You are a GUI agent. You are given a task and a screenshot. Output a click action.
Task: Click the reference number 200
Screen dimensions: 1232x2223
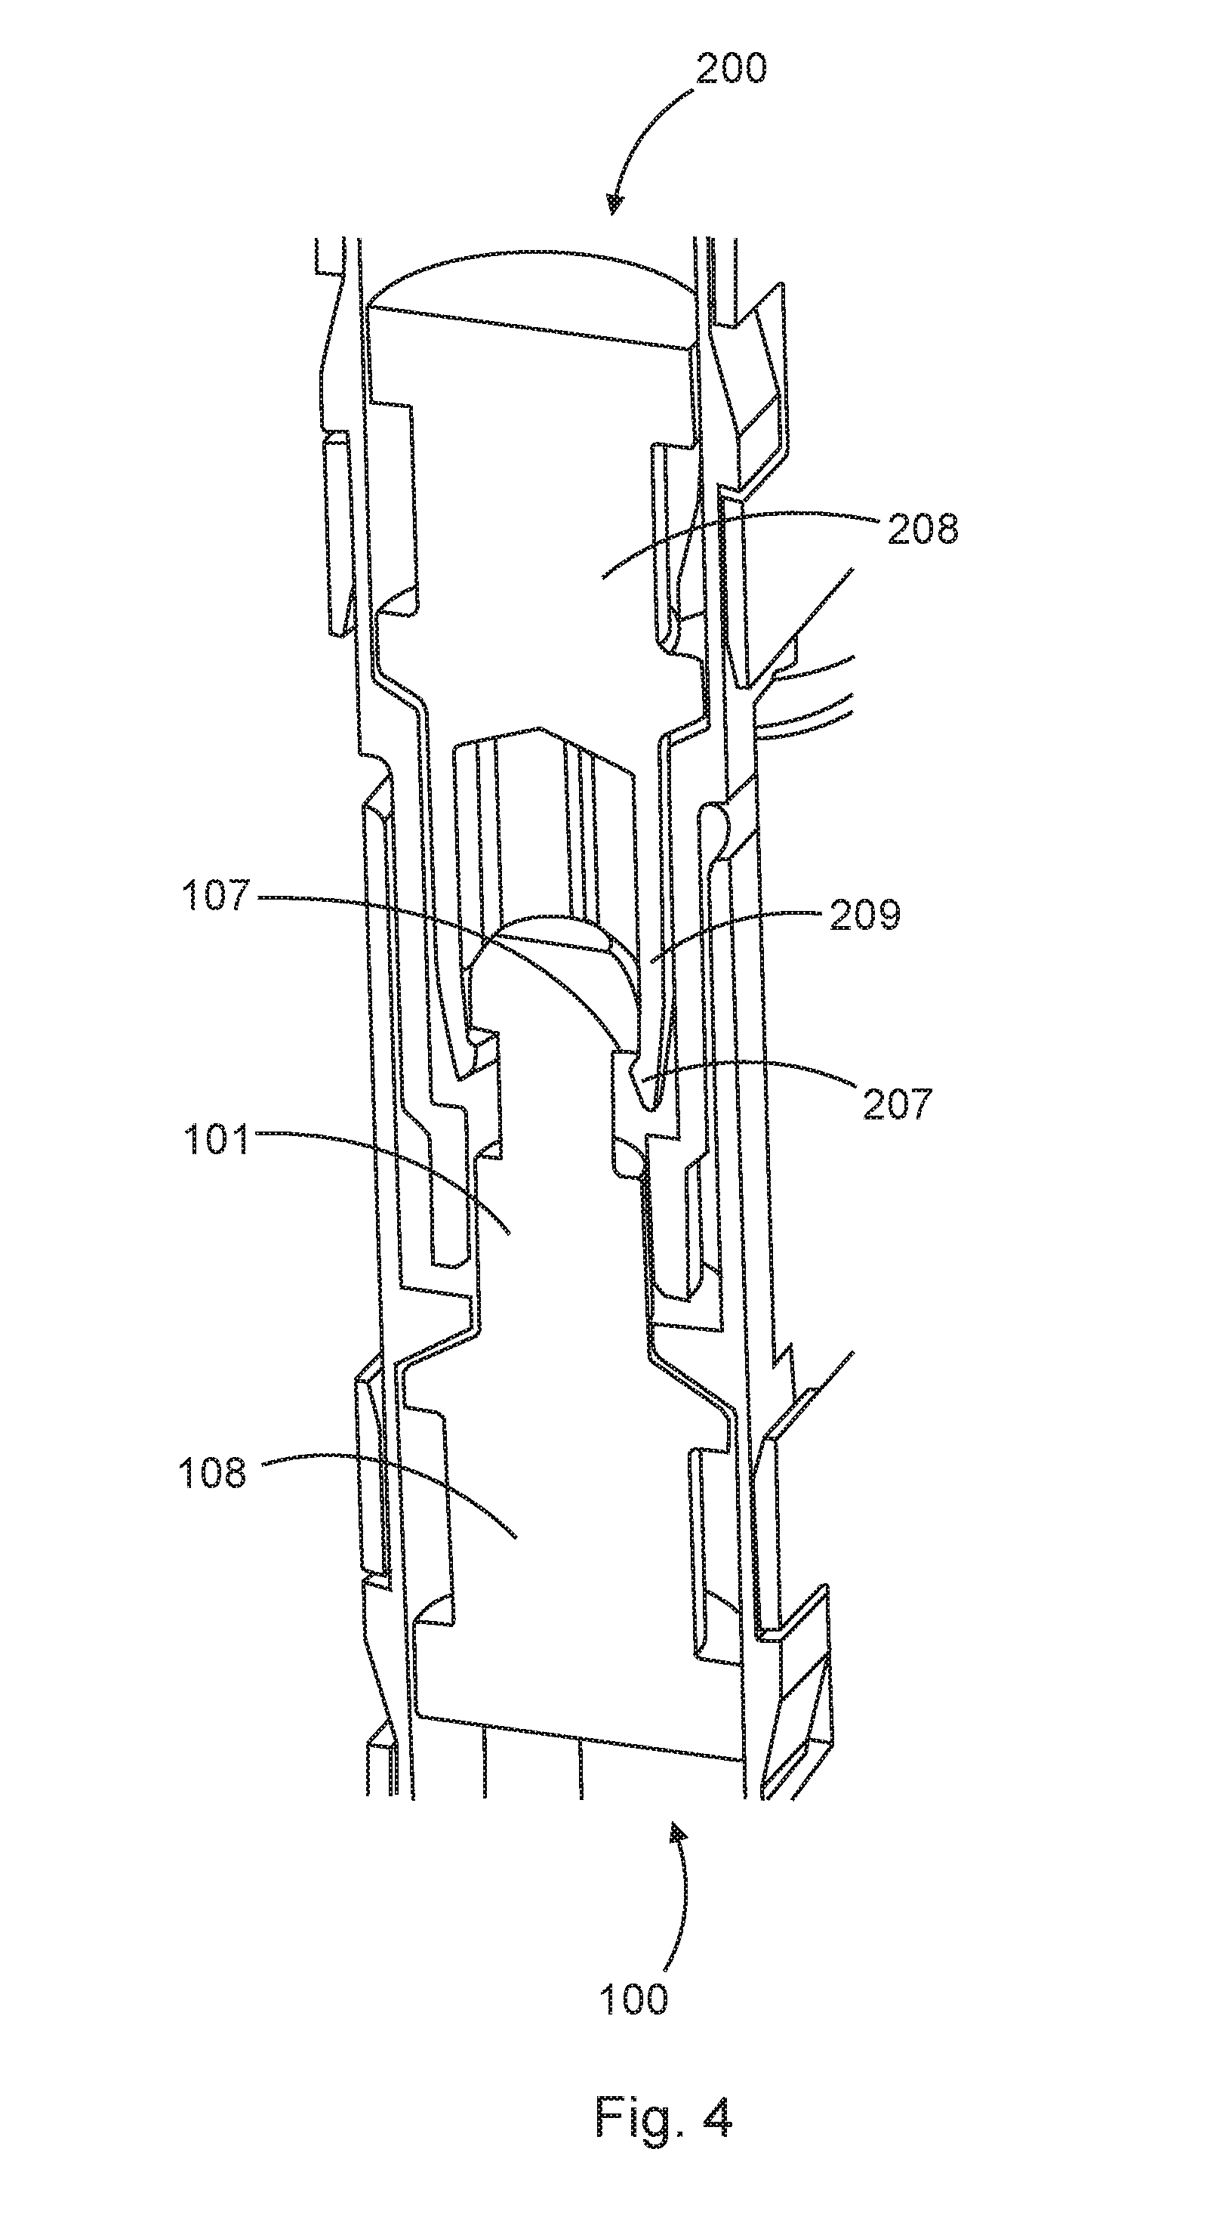point(731,68)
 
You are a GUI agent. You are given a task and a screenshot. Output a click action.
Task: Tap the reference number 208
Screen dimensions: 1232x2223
point(922,528)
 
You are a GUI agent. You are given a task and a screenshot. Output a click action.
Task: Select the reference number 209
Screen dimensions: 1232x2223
point(864,915)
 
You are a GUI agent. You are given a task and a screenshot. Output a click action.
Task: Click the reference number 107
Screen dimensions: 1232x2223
point(216,896)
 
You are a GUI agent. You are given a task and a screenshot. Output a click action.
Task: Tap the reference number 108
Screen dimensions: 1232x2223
point(212,1473)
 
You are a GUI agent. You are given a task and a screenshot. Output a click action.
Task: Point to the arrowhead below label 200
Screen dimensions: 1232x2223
point(614,204)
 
